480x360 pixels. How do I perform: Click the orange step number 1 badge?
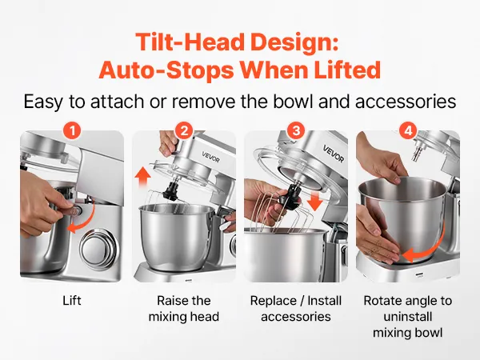[x=72, y=131]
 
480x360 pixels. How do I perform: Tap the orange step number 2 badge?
[x=184, y=131]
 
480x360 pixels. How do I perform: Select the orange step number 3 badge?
[x=296, y=131]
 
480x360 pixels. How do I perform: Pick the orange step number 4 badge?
[x=408, y=131]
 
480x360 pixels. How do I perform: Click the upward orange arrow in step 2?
[x=143, y=177]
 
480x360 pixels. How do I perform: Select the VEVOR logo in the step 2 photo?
[x=210, y=157]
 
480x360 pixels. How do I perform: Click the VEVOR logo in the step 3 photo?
[x=334, y=154]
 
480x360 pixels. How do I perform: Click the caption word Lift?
[x=72, y=301]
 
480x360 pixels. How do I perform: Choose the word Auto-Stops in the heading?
[x=166, y=70]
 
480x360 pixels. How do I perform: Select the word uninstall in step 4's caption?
[x=408, y=317]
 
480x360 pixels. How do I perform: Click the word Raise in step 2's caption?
[x=170, y=301]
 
